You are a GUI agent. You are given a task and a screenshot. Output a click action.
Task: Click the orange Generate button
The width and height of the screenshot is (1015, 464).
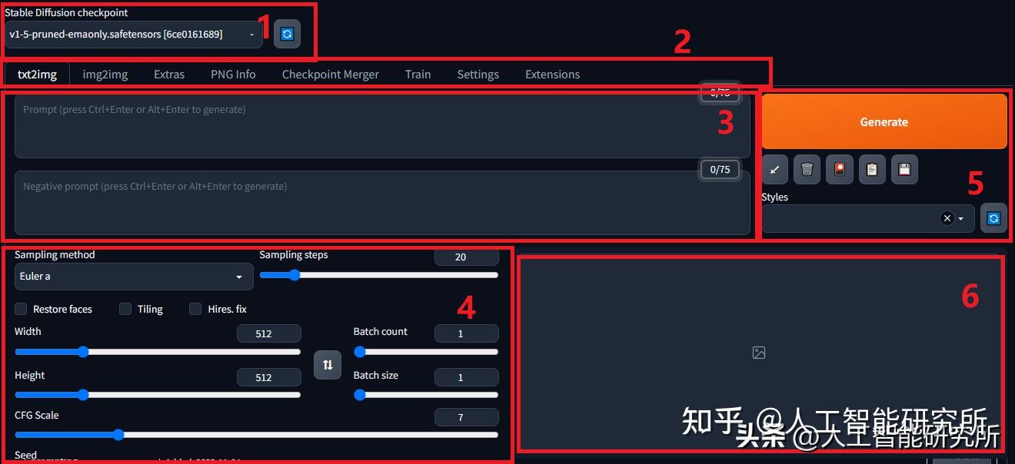coord(884,121)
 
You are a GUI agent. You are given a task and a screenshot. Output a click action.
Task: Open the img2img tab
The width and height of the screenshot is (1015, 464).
coord(105,75)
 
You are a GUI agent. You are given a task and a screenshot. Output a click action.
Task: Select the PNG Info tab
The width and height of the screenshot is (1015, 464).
coord(233,75)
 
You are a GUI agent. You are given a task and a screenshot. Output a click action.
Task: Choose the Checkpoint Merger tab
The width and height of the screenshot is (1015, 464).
coord(330,75)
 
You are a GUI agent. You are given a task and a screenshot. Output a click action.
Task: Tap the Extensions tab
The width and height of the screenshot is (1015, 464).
coord(552,75)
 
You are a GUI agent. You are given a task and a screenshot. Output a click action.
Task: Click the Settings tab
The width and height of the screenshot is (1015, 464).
coord(478,75)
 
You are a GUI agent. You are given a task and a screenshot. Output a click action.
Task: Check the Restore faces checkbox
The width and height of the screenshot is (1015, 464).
coord(21,309)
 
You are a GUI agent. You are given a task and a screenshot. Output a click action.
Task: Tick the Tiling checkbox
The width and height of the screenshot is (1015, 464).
coord(125,309)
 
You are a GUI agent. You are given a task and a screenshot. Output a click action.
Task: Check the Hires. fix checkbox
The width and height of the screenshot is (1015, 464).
coord(195,309)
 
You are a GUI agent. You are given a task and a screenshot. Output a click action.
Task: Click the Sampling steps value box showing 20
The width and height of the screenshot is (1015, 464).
coord(466,257)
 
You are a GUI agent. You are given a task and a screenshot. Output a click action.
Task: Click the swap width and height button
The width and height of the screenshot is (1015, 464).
coord(328,365)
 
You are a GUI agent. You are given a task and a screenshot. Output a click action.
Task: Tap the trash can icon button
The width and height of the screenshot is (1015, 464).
coord(807,170)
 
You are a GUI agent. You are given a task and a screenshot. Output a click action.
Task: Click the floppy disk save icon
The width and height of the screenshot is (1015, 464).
coord(904,170)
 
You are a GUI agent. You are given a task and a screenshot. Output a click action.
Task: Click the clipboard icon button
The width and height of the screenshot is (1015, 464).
coord(871,170)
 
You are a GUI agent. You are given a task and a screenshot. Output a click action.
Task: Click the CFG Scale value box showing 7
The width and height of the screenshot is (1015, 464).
coord(466,418)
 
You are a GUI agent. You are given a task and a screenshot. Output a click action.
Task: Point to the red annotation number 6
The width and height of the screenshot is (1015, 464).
coord(970,296)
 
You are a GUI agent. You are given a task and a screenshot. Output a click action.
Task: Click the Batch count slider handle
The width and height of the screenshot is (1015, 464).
coord(359,352)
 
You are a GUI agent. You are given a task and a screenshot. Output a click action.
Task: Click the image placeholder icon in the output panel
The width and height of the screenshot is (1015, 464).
coord(759,353)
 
